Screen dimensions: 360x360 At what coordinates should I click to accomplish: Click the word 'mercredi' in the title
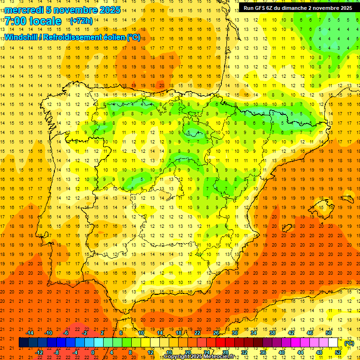(24, 10)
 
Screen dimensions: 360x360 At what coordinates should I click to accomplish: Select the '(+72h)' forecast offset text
(81, 21)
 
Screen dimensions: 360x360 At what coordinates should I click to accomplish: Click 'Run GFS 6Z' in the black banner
(261, 8)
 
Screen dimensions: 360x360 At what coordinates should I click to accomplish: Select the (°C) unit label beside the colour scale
(349, 343)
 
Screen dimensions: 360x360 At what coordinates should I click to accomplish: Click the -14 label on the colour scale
(30, 333)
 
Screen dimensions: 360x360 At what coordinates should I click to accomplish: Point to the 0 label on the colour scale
(93, 352)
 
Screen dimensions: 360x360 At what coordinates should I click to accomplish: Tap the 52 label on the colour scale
(338, 352)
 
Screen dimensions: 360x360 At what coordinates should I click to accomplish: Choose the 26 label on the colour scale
(216, 333)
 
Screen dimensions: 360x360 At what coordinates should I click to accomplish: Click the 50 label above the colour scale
(329, 333)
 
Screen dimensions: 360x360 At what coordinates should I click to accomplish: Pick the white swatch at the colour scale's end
(333, 343)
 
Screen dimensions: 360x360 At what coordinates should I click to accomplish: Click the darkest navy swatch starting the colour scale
(23, 343)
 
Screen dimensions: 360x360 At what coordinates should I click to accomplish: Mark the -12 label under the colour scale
(39, 352)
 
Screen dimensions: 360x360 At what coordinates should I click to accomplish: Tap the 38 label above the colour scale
(272, 333)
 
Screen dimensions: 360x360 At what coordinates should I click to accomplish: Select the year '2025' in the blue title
(110, 10)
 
